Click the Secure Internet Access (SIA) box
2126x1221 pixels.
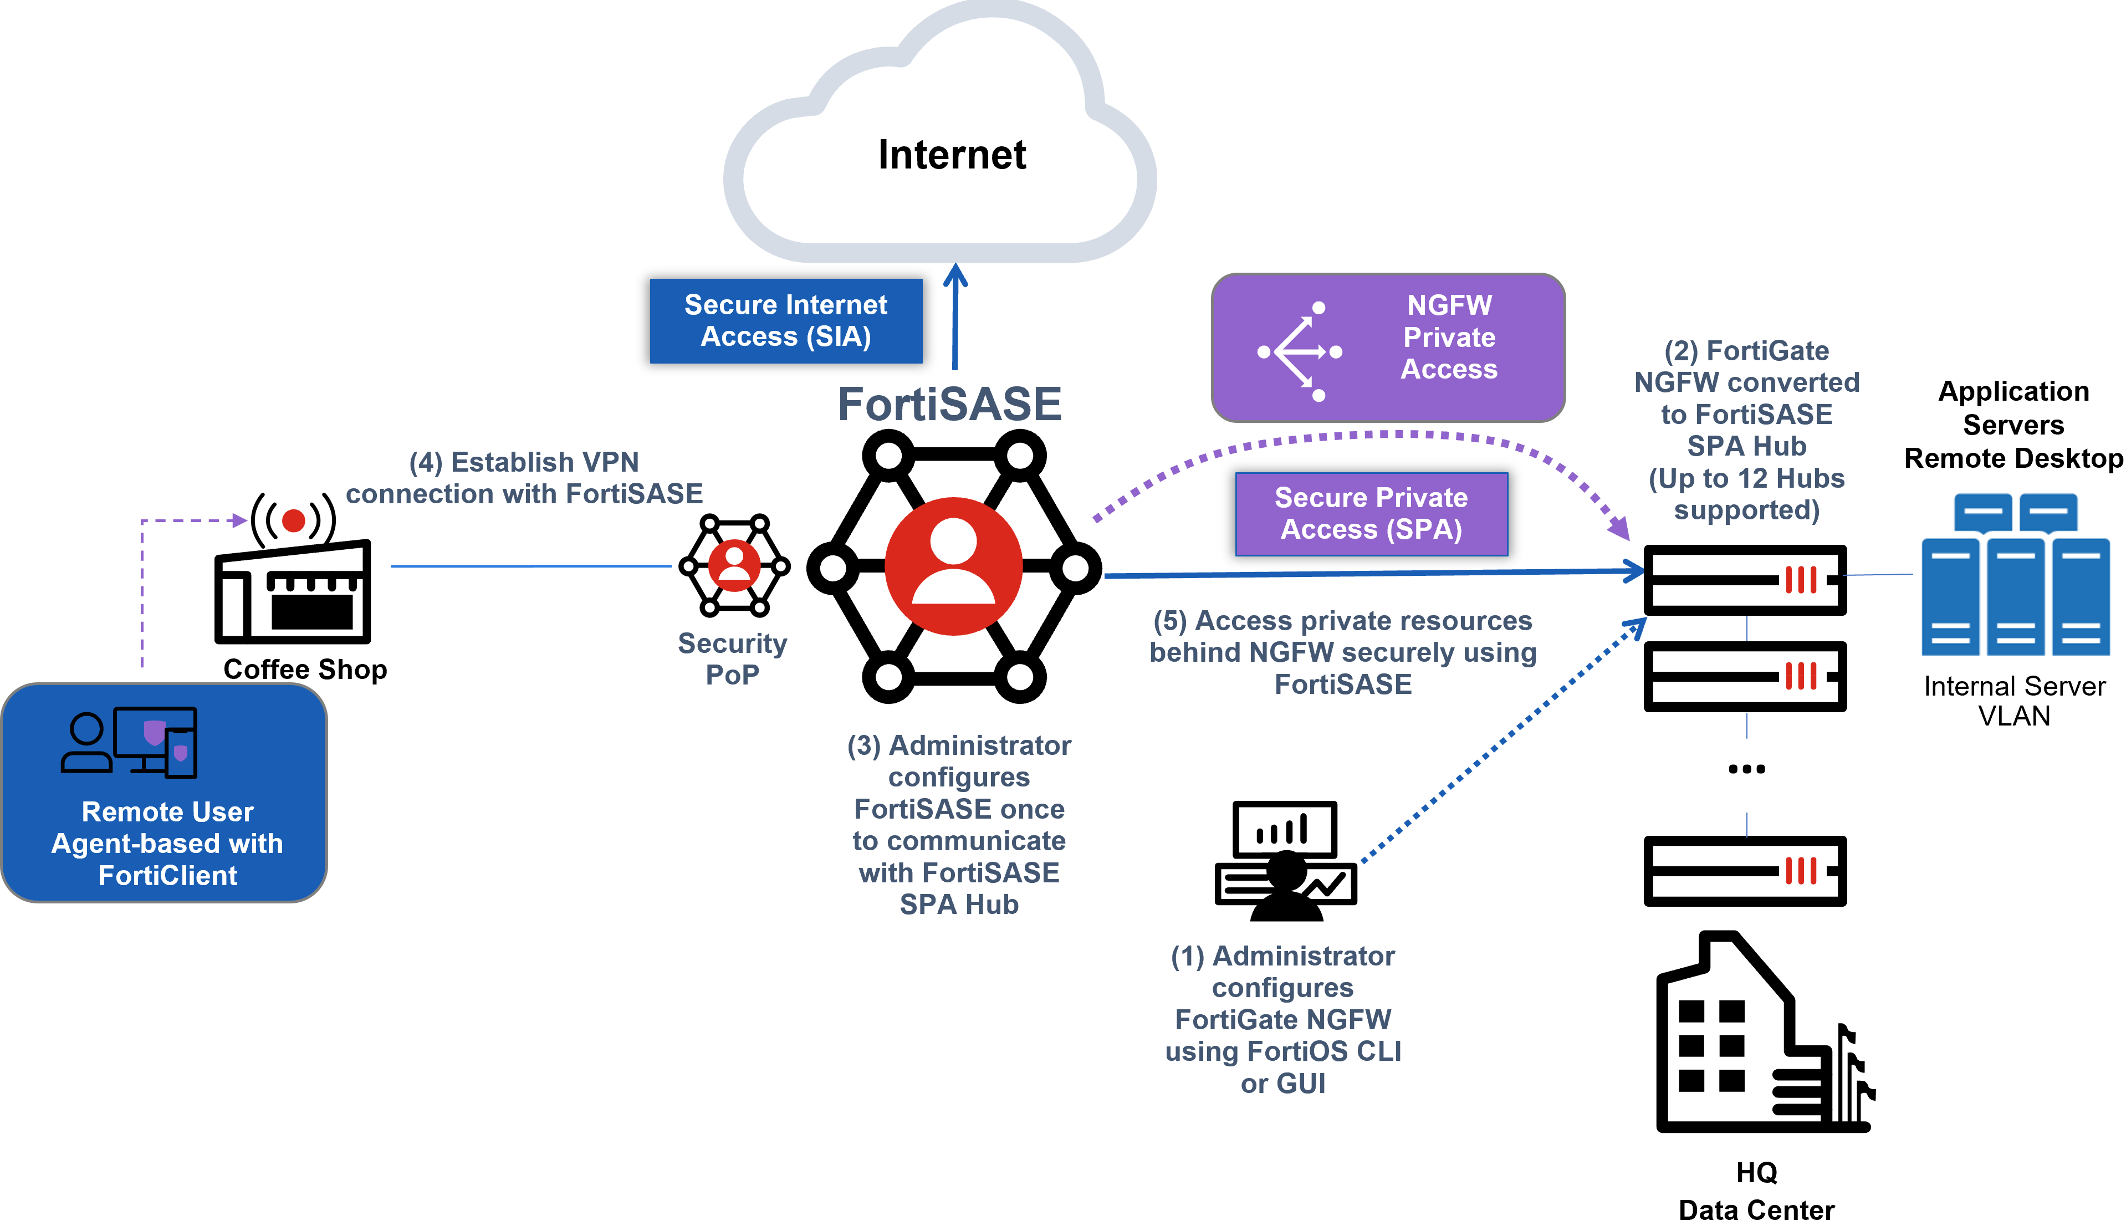coord(785,320)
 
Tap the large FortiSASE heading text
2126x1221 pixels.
coord(950,404)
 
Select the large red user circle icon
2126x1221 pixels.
coord(953,566)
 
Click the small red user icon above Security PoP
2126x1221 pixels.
coord(734,565)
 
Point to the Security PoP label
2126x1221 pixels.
coord(732,658)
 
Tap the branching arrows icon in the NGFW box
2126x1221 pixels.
coord(1300,351)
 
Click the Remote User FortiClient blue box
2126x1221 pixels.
coord(164,793)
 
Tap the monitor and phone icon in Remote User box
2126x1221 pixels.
coord(156,742)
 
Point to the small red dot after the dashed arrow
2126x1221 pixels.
coord(293,521)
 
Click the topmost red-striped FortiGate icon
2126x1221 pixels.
coord(1802,580)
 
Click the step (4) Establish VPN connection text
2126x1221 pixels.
coord(524,478)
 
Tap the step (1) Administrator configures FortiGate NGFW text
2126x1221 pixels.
coord(1282,1019)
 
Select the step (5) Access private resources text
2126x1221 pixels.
coord(1342,652)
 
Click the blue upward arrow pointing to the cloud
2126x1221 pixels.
coord(955,319)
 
